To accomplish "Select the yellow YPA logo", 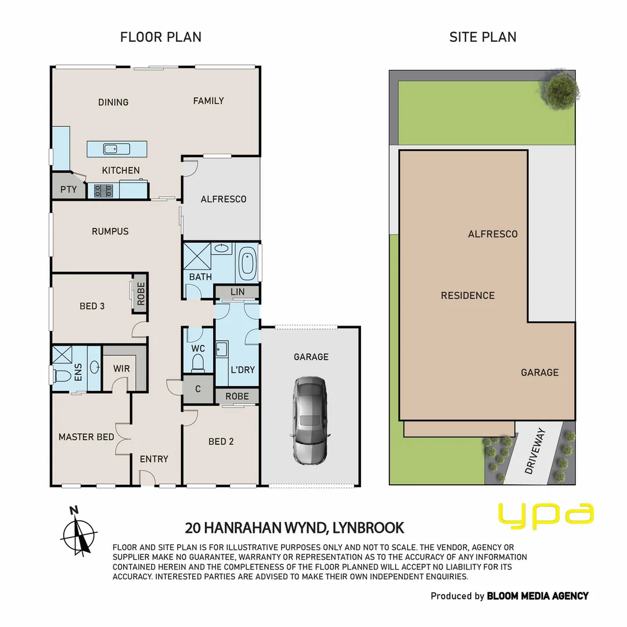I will [x=546, y=516].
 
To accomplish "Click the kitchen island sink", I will [x=117, y=149].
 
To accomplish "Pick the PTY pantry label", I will [x=69, y=189].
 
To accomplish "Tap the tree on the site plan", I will [x=561, y=89].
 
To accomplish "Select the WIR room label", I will [x=121, y=369].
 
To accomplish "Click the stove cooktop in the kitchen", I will [x=104, y=190].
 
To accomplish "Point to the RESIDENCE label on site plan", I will [x=467, y=296].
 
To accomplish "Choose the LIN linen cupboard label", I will [x=237, y=291].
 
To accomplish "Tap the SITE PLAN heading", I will [x=482, y=37].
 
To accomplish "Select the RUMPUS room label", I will [x=110, y=231].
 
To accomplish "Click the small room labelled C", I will [x=198, y=389].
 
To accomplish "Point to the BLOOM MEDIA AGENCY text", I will [x=537, y=596].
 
